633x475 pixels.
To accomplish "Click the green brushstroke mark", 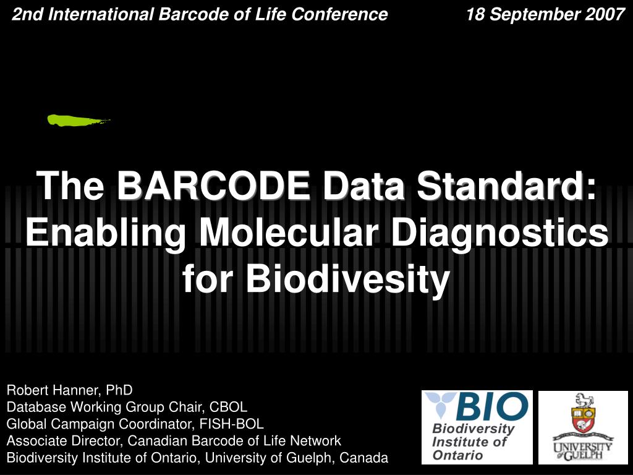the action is coord(77,121).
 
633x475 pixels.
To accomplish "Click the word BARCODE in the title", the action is coord(214,186).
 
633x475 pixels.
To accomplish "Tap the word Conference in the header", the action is coord(340,15).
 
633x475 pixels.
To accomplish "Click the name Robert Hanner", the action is coord(53,390).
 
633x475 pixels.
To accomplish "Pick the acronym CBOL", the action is coord(228,407).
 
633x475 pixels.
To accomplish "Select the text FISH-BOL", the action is coord(231,424).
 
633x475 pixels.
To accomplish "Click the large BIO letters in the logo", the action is coord(491,407).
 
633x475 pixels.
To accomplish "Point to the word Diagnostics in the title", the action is coord(499,233).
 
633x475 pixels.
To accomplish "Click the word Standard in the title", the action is coord(501,186).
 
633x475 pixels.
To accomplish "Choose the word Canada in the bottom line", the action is coord(363,458).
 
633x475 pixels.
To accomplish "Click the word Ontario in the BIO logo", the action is coord(458,455).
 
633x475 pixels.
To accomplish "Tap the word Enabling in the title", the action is coord(106,233).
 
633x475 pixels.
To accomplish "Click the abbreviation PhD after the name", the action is coord(119,390).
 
